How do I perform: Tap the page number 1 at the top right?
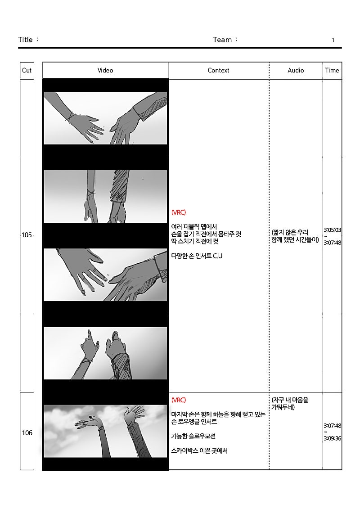pos(333,40)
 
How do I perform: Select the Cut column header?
pos(27,70)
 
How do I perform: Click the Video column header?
pos(105,70)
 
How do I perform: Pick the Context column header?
pos(218,70)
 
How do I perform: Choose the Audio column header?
pos(296,70)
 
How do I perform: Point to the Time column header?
pos(332,70)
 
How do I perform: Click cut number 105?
pos(27,235)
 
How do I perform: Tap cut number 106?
pos(27,432)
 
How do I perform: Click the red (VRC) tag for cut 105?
pos(179,212)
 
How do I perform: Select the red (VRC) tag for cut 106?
pos(179,400)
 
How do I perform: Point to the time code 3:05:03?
pos(333,230)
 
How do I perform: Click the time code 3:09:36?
pos(333,438)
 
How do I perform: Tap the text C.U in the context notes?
pos(217,256)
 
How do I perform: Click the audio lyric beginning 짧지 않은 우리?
pos(295,236)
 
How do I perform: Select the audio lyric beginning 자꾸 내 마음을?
pos(290,404)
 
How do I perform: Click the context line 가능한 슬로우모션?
pos(193,436)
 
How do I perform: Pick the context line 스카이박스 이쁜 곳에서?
pos(199,450)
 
